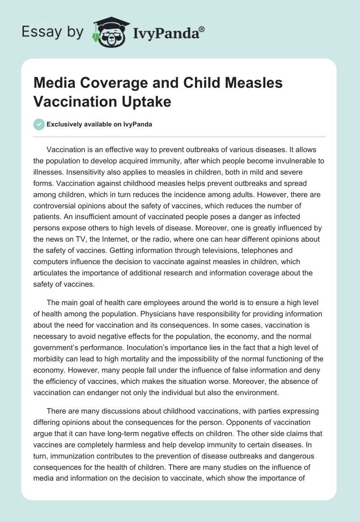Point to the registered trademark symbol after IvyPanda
(x=202, y=28)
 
